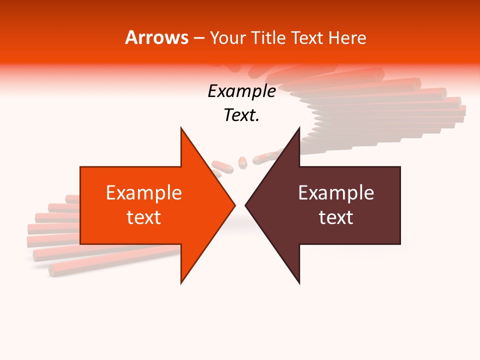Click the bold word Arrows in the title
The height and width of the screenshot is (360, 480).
click(157, 37)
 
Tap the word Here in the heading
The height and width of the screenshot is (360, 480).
click(347, 37)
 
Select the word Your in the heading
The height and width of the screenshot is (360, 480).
click(227, 38)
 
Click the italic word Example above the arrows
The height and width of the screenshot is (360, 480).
click(241, 91)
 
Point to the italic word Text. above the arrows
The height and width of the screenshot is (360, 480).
click(241, 115)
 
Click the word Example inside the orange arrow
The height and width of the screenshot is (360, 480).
click(144, 193)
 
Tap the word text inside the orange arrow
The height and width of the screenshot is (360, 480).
click(144, 217)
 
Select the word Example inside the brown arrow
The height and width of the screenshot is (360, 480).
click(336, 193)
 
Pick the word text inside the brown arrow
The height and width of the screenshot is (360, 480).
click(336, 217)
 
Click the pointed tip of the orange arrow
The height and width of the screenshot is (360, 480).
click(234, 205)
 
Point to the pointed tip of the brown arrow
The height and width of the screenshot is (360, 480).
click(246, 205)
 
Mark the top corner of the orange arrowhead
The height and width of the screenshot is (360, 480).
click(181, 128)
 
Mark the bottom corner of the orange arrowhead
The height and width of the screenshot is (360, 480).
click(181, 283)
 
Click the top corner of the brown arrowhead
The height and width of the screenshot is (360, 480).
click(299, 128)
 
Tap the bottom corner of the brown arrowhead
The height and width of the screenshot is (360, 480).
click(299, 283)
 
